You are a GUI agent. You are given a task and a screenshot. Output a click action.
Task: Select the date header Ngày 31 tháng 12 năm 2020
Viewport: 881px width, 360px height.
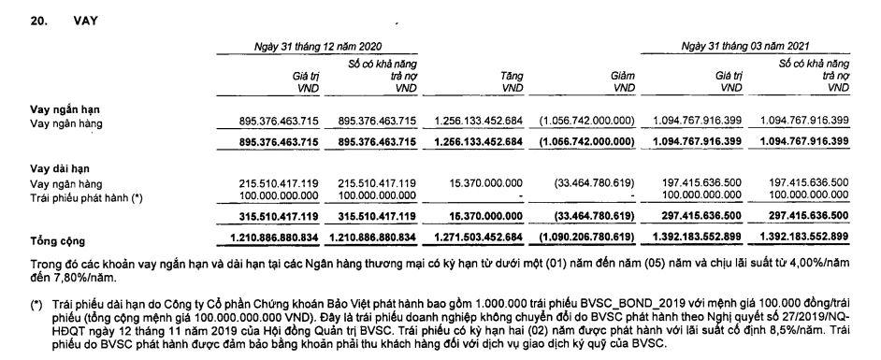pos(317,46)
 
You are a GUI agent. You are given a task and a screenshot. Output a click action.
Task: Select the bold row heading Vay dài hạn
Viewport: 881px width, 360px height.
pos(58,167)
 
